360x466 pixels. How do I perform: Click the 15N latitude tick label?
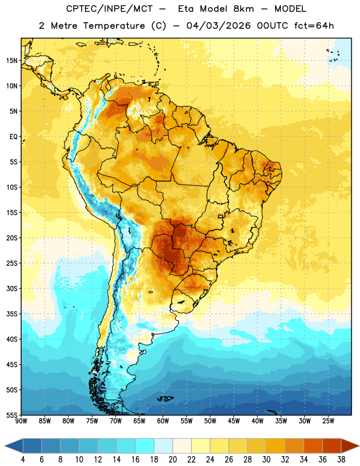[12, 61]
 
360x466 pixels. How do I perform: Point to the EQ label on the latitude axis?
[13, 137]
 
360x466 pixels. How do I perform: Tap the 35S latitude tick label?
[12, 314]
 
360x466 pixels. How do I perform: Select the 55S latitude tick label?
[12, 415]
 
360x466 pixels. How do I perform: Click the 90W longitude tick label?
[21, 421]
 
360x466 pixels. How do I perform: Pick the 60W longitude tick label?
[163, 421]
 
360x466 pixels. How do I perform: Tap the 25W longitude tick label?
[328, 421]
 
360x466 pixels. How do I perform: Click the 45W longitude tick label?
[234, 421]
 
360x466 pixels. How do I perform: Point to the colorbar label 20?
[172, 460]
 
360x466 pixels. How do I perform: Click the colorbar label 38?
[341, 460]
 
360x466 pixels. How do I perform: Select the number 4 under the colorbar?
[23, 460]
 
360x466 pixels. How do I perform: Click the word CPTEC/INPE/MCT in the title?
[109, 9]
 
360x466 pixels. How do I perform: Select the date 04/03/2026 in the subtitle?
[218, 26]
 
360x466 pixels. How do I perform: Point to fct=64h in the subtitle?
[314, 26]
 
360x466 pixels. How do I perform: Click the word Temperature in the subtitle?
[114, 26]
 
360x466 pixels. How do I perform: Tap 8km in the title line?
[243, 9]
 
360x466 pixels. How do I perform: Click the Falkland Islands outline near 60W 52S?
[165, 398]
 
